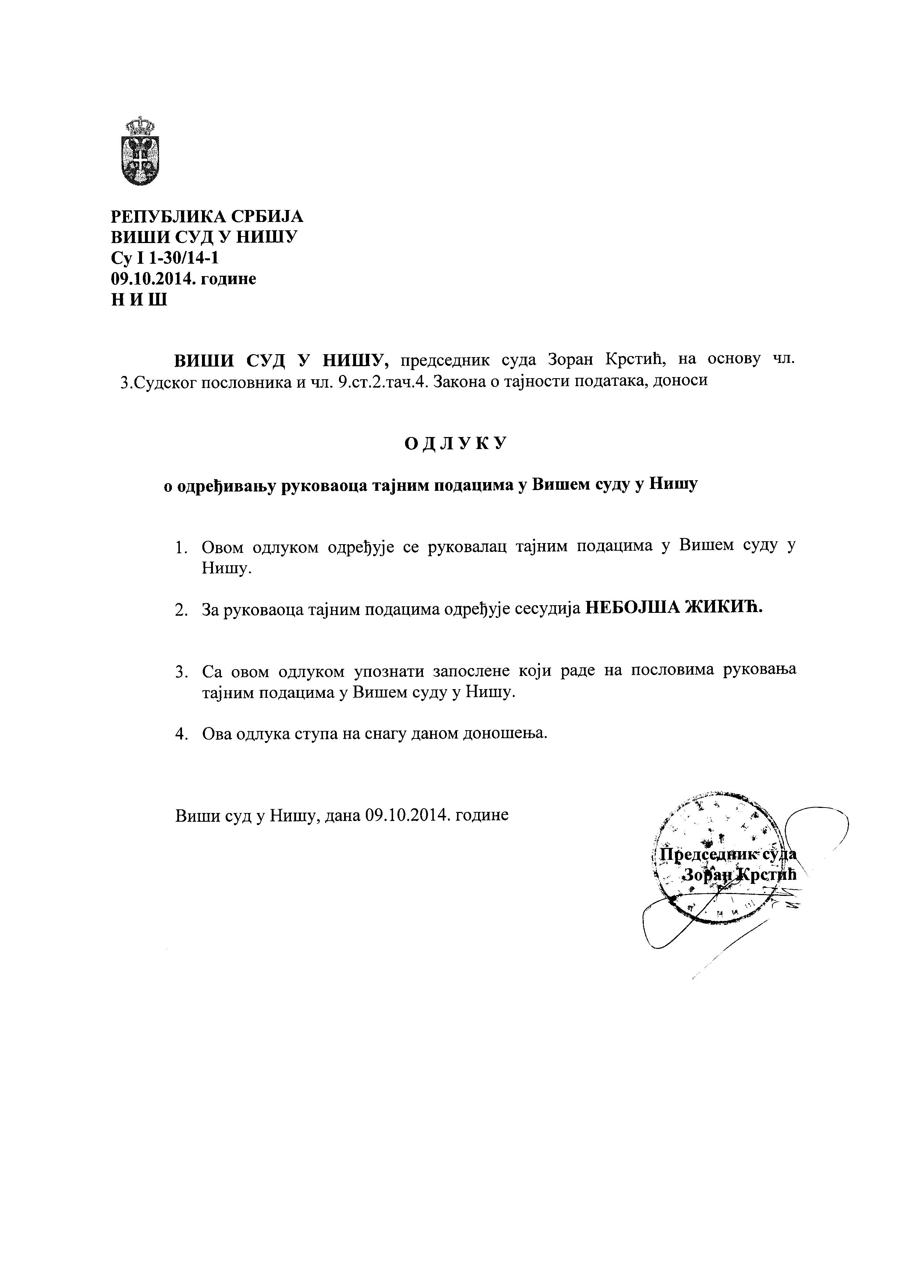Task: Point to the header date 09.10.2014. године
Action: (183, 279)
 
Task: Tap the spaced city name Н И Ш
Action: (139, 300)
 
